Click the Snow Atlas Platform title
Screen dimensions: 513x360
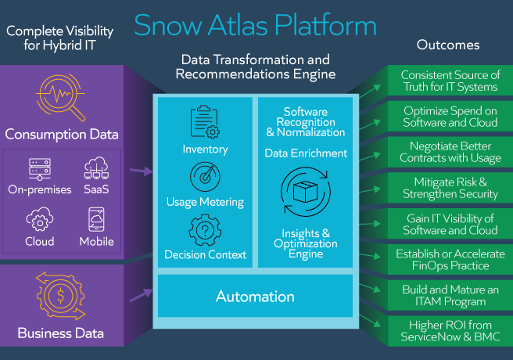pyautogui.click(x=255, y=25)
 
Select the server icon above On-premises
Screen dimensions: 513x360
pyautogui.click(x=40, y=169)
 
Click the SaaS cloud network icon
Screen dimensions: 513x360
pyautogui.click(x=96, y=167)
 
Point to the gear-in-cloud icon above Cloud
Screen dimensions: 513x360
pyautogui.click(x=40, y=219)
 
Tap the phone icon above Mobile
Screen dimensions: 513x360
pyautogui.click(x=96, y=219)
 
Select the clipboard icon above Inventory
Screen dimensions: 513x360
pyautogui.click(x=205, y=122)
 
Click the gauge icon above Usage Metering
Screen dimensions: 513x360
pyautogui.click(x=205, y=177)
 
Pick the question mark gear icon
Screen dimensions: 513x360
pyautogui.click(x=205, y=230)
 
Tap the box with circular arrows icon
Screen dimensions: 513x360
pyautogui.click(x=306, y=192)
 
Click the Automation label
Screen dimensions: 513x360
pyautogui.click(x=255, y=297)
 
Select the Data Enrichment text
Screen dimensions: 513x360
pyautogui.click(x=306, y=153)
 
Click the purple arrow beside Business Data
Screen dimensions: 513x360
pyautogui.click(x=141, y=295)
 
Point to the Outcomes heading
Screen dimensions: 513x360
pyautogui.click(x=448, y=45)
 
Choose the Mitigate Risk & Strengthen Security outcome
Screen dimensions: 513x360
pyautogui.click(x=450, y=188)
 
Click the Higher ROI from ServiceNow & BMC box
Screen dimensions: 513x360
pyautogui.click(x=450, y=331)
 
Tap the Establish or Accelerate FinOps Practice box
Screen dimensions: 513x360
pyautogui.click(x=450, y=260)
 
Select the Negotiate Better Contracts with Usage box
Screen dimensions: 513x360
pyautogui.click(x=450, y=152)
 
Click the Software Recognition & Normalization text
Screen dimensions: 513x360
pyautogui.click(x=306, y=122)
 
